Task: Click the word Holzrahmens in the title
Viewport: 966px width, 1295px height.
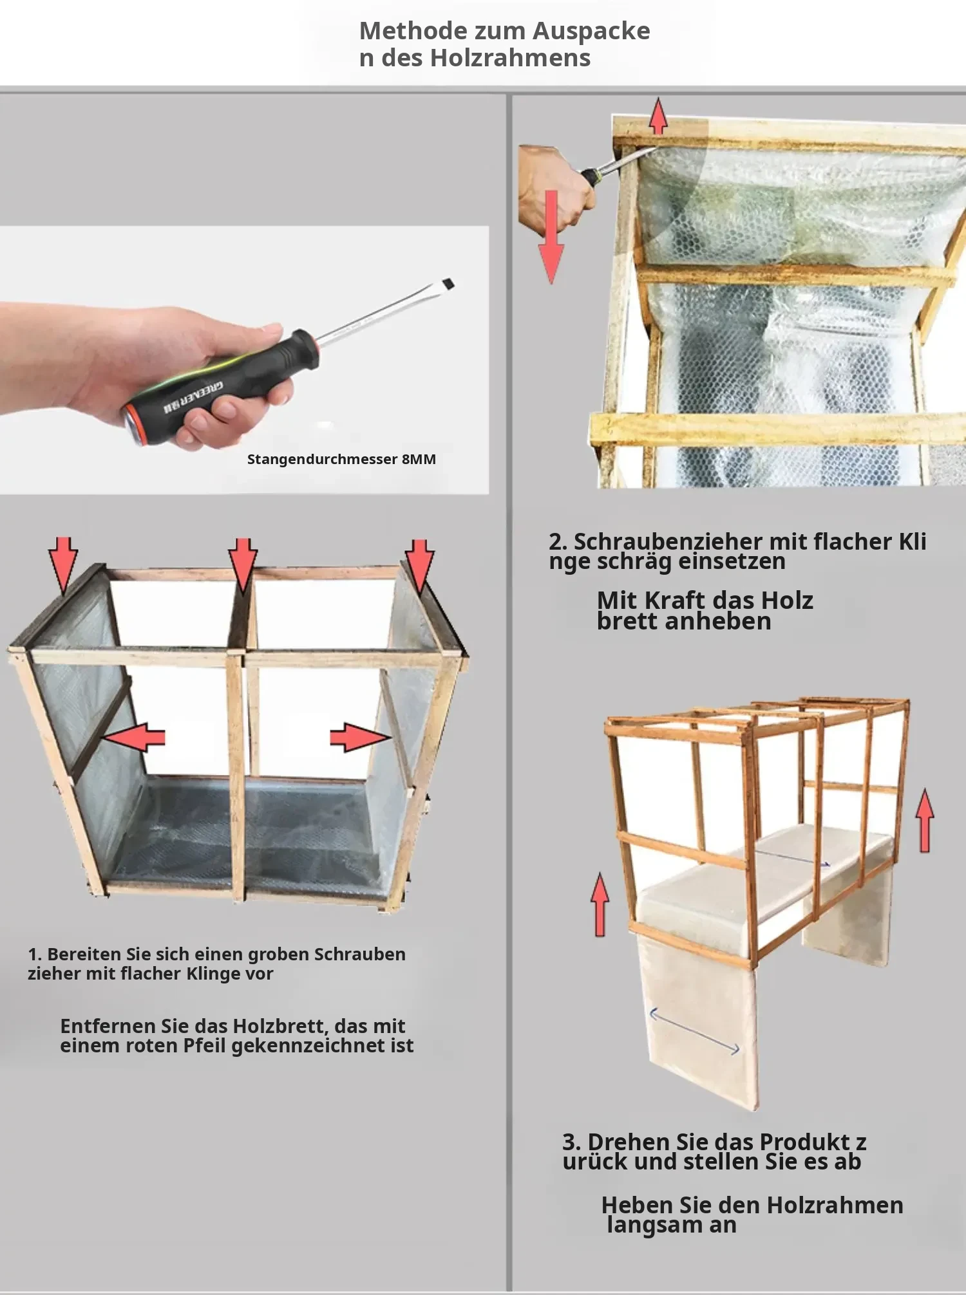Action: [510, 58]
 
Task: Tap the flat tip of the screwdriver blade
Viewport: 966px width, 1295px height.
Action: [448, 283]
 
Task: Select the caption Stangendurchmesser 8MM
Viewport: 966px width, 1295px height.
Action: [341, 459]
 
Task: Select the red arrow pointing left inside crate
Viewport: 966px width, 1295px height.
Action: [135, 737]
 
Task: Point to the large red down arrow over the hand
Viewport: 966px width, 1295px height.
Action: [551, 237]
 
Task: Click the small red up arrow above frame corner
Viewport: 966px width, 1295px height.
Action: [658, 116]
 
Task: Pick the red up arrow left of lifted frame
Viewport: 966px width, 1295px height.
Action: [600, 904]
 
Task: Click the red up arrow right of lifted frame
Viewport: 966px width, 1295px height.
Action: [925, 821]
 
